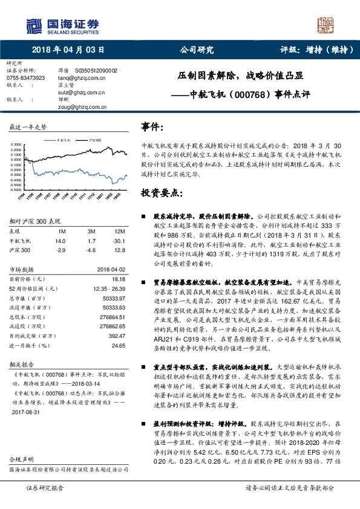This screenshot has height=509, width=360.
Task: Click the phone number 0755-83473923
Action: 26,78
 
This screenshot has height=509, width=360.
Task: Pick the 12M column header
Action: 119,232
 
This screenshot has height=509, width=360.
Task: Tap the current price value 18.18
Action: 119,279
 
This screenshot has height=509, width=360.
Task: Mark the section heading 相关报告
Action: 22,365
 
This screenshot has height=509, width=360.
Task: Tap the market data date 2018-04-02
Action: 111,270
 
